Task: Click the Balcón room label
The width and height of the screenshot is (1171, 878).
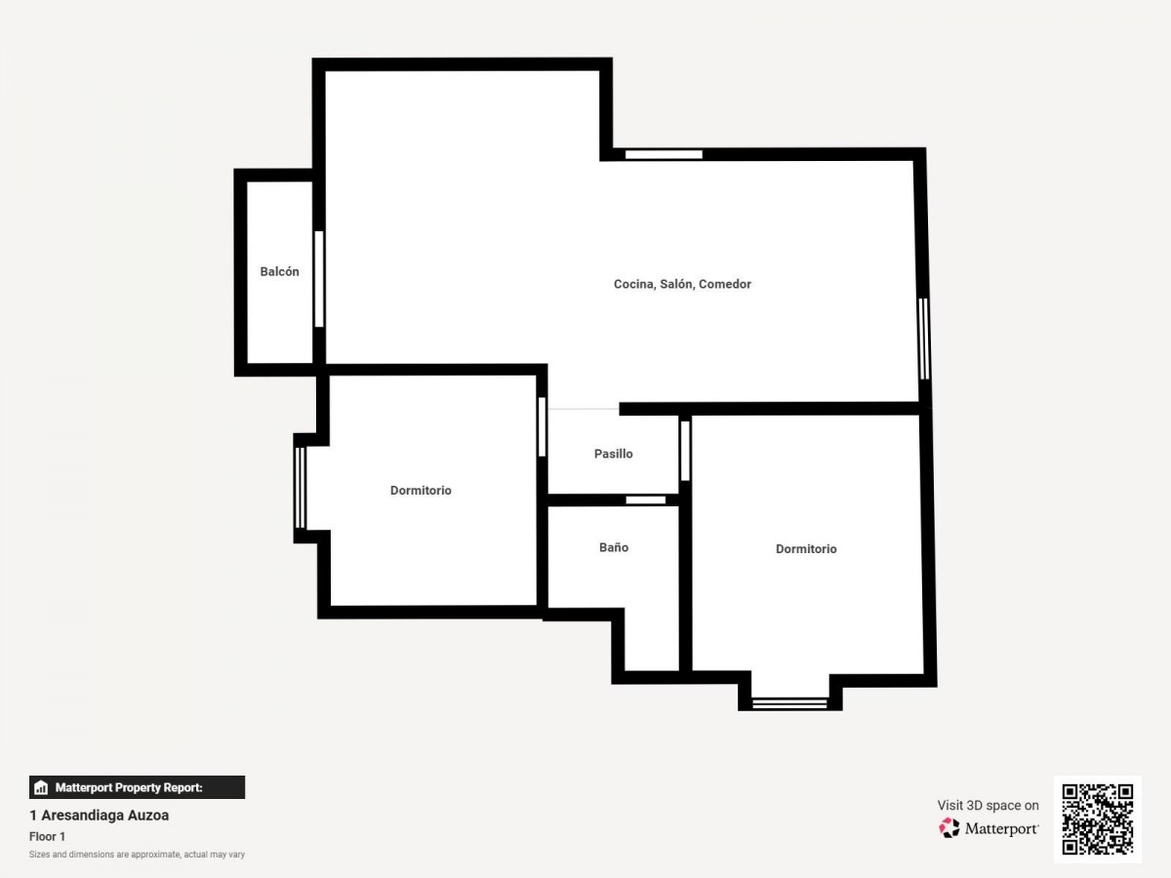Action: pyautogui.click(x=279, y=272)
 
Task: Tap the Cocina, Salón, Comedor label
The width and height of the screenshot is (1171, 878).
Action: pyautogui.click(x=682, y=284)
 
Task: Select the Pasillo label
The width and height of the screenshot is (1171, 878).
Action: pyautogui.click(x=614, y=454)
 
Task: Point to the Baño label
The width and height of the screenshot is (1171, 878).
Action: pyautogui.click(x=614, y=547)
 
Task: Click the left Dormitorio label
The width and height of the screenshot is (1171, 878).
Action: pyautogui.click(x=421, y=491)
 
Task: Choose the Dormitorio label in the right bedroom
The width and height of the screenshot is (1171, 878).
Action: pyautogui.click(x=806, y=549)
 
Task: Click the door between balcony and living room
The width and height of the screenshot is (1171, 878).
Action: pyautogui.click(x=319, y=279)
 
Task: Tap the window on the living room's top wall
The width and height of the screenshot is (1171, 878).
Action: pyautogui.click(x=664, y=154)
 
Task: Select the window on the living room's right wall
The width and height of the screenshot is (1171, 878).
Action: pyautogui.click(x=924, y=339)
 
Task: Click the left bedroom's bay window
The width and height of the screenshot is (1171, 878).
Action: pyautogui.click(x=301, y=488)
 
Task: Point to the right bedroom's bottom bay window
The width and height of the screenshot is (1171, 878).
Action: pyautogui.click(x=789, y=703)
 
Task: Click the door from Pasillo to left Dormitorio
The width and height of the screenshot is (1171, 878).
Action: pyautogui.click(x=542, y=426)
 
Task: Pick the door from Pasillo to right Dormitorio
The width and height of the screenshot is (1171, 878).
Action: pyautogui.click(x=686, y=451)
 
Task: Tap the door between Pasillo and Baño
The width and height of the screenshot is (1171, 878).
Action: pyautogui.click(x=646, y=500)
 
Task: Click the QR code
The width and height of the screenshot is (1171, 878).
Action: pyautogui.click(x=1098, y=819)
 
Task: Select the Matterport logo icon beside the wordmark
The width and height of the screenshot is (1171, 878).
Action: pyautogui.click(x=949, y=828)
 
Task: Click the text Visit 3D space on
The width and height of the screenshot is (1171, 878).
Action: pyautogui.click(x=988, y=806)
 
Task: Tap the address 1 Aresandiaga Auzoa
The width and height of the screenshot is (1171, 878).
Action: pyautogui.click(x=100, y=816)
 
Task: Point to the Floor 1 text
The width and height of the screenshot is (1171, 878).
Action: pyautogui.click(x=48, y=836)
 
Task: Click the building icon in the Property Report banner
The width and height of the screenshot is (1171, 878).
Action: pyautogui.click(x=41, y=787)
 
